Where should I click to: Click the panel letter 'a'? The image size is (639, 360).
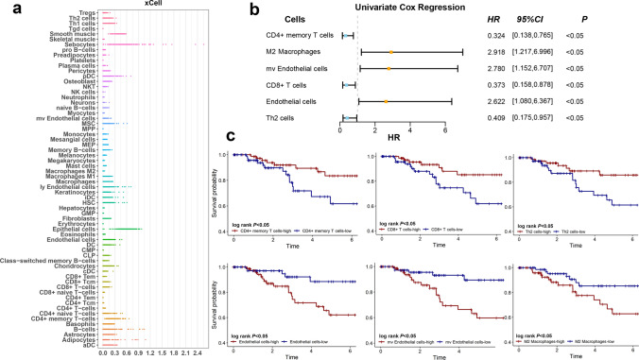(7, 9)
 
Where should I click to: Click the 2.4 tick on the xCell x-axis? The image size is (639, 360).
(197, 351)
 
